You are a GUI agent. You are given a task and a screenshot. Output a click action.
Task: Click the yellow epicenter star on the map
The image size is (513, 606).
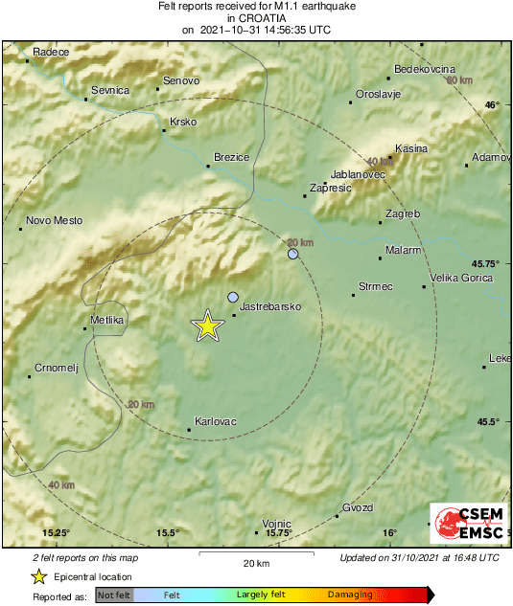[207, 326]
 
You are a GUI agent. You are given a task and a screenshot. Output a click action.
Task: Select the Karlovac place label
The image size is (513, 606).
[215, 421]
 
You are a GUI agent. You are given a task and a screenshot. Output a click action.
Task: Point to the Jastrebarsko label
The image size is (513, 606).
[269, 306]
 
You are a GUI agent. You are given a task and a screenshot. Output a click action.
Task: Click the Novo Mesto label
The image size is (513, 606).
[54, 220]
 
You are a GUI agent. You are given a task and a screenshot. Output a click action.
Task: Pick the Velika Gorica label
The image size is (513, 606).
[461, 278]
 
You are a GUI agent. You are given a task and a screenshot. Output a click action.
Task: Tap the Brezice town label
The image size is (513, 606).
[231, 157]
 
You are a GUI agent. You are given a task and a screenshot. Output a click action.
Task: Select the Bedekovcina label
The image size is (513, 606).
[424, 69]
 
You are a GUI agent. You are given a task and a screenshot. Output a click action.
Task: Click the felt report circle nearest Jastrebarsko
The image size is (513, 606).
[233, 298]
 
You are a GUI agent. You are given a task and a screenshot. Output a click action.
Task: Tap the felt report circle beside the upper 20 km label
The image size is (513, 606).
[293, 255]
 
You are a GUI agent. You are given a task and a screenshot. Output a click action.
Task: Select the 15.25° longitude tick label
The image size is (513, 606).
[57, 533]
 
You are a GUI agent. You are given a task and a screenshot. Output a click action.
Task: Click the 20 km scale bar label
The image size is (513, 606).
[255, 562]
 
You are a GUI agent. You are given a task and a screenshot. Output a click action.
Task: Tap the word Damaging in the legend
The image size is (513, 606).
[351, 595]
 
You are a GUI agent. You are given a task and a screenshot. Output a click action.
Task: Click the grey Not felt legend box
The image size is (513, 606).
[114, 595]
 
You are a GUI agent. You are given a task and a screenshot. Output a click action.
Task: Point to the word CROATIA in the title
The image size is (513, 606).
[256, 17]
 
